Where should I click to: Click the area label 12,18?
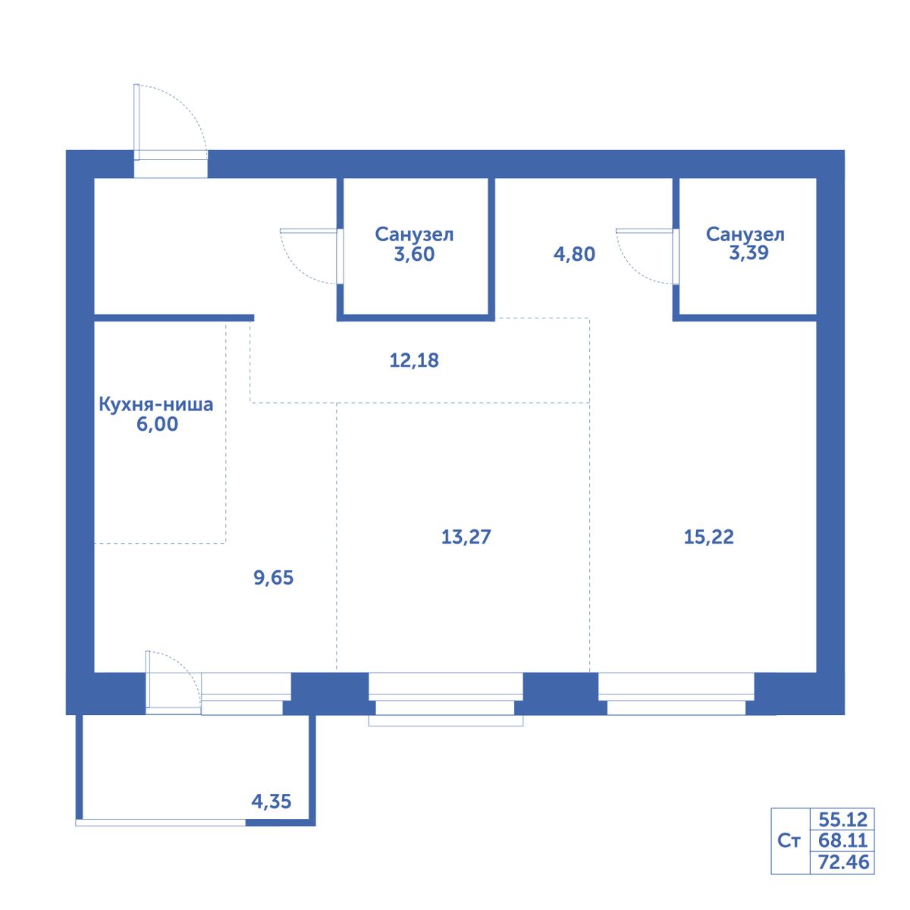point(414,360)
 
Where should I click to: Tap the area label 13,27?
point(466,537)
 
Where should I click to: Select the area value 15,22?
point(708,537)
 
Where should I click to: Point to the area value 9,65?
point(274,578)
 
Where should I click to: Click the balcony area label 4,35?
point(271,802)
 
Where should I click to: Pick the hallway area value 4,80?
point(574,254)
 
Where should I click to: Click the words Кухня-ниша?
point(156,405)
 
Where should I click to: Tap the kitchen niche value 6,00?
point(157,424)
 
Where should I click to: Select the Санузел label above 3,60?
point(414,234)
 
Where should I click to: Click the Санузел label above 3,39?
point(745,234)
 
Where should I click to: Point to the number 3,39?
point(749,253)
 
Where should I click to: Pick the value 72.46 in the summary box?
point(843,861)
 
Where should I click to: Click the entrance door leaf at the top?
point(136,122)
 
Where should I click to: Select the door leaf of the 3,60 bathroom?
point(309,231)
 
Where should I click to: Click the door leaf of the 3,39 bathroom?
point(644,231)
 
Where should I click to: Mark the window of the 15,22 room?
point(676,693)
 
